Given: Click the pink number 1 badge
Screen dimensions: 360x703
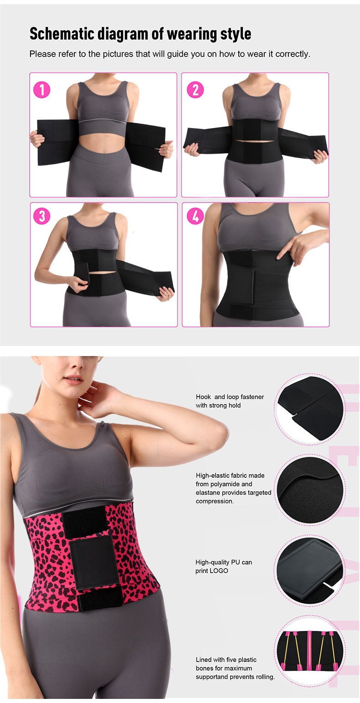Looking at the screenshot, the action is coord(42,90).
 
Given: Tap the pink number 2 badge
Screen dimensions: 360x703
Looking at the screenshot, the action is coord(195,90).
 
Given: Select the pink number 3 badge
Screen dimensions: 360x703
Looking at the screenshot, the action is coord(42,216).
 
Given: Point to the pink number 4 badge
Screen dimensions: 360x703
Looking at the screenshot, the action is coord(195,216).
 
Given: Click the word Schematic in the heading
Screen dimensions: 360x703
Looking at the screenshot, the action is coord(62,34).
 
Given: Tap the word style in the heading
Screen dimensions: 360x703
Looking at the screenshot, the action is coord(236,34).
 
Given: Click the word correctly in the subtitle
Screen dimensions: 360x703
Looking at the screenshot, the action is coord(293,54).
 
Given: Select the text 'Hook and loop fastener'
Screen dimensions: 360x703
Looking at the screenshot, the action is coord(230,397).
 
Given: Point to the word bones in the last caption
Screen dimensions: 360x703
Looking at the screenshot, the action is coord(205,668).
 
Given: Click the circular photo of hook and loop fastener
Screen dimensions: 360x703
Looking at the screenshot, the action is coord(310,409).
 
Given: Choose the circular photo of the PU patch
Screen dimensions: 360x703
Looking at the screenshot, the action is coord(310,570).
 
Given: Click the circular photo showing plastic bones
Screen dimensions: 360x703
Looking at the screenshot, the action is coord(310,651).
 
